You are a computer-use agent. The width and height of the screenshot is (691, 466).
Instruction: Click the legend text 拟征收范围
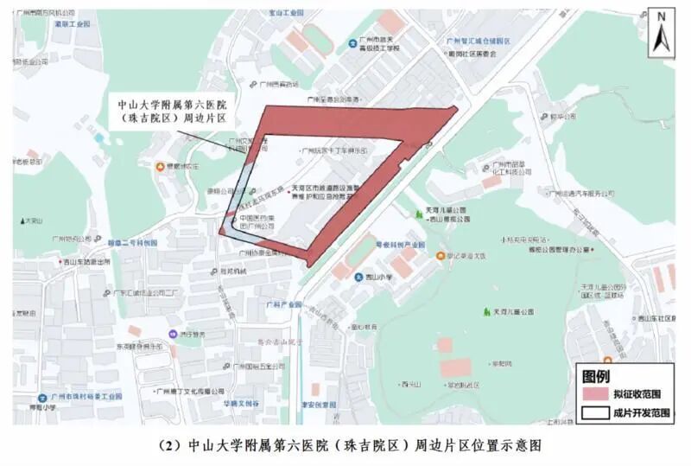click(x=637, y=394)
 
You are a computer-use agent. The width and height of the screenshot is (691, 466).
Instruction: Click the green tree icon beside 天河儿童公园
click(x=486, y=311)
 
